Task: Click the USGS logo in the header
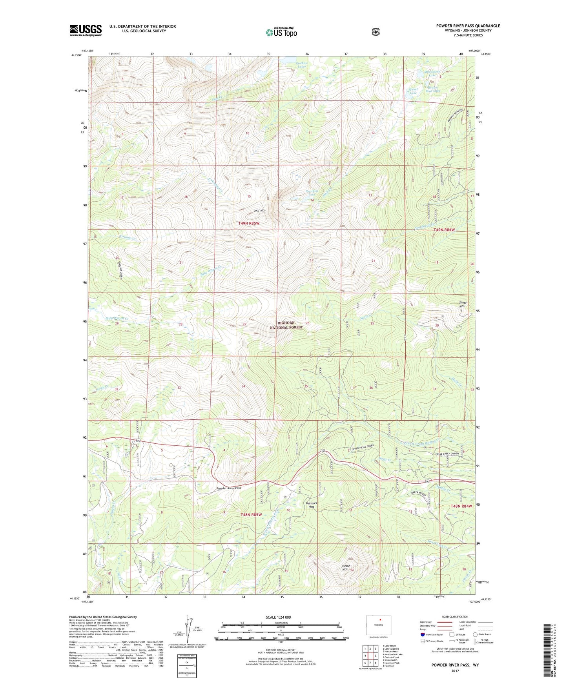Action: coord(86,30)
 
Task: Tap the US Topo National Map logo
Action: coord(281,32)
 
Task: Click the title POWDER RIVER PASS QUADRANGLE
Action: coord(468,26)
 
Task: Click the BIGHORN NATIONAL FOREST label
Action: coord(286,325)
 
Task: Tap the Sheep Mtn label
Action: coord(463,304)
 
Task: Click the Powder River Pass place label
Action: coord(229,488)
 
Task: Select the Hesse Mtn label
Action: coord(346,568)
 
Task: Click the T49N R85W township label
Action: coord(249,223)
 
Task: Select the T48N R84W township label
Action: coord(461,506)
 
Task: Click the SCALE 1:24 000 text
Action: coord(278,617)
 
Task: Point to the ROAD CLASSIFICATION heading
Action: coord(455,617)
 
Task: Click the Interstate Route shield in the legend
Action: coord(422,634)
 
